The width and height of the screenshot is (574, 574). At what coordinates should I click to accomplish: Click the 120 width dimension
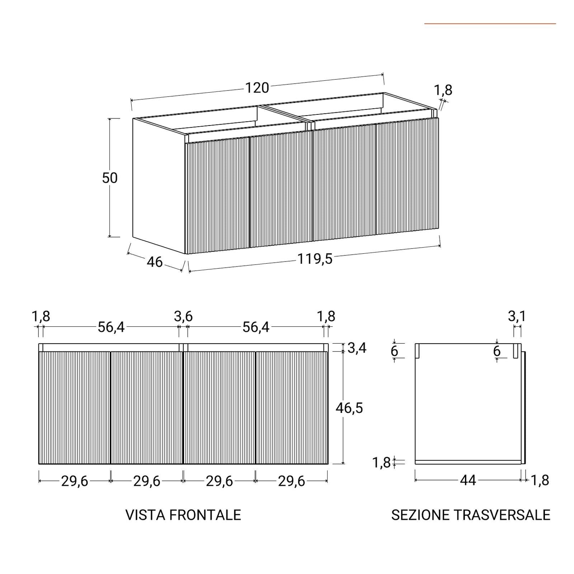257,88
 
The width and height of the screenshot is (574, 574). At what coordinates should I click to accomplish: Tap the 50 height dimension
110,178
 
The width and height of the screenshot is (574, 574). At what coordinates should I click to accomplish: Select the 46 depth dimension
155,262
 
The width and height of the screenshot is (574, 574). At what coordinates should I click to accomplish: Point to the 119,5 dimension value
315,259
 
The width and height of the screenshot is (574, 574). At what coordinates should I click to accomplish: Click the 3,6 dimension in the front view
183,317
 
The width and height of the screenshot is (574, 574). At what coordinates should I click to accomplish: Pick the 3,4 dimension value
357,348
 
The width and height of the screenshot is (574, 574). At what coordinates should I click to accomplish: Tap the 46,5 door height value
349,408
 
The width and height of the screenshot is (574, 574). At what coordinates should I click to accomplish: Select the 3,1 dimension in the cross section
517,316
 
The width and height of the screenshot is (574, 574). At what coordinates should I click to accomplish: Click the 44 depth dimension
468,480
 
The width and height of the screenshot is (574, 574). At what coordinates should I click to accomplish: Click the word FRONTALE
205,515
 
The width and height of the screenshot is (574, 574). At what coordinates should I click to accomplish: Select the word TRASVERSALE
502,515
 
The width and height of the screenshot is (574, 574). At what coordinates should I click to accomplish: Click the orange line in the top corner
490,24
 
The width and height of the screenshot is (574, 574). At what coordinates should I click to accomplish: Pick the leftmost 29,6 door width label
75,481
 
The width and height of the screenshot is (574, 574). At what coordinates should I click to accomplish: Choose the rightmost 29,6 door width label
291,481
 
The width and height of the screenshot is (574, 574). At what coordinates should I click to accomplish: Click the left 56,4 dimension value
111,327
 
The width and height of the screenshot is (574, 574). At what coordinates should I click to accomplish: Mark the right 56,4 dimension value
256,327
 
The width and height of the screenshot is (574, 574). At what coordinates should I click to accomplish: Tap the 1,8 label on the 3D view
443,90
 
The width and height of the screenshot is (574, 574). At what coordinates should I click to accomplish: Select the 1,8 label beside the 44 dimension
540,480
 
